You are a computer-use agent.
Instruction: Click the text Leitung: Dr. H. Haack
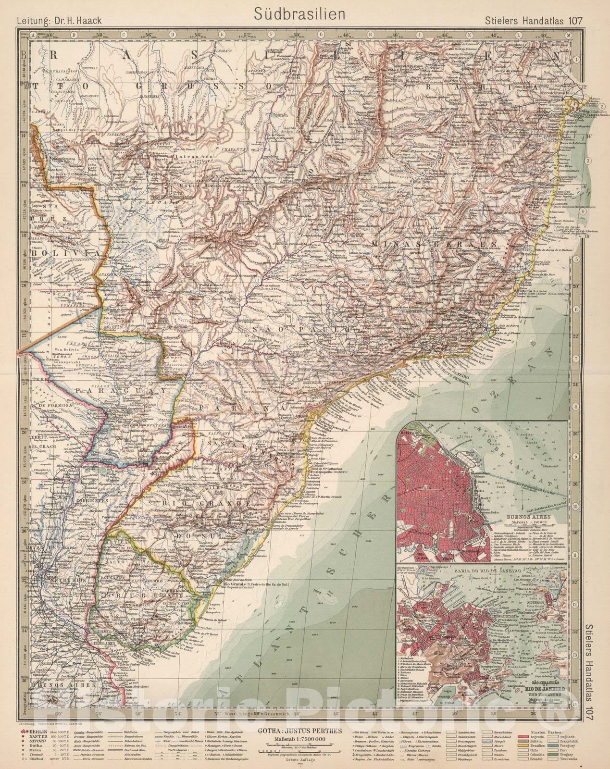[60, 21]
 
